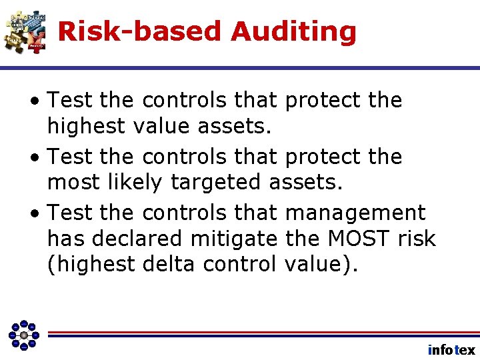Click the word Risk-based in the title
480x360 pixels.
pyautogui.click(x=139, y=31)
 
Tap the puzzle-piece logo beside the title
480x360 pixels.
pyautogui.click(x=25, y=31)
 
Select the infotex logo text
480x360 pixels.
pyautogui.click(x=451, y=349)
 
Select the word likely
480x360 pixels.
pyautogui.click(x=134, y=181)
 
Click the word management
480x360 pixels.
pyautogui.click(x=355, y=213)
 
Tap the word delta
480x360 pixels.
pyautogui.click(x=169, y=264)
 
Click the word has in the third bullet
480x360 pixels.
pyautogui.click(x=64, y=238)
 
